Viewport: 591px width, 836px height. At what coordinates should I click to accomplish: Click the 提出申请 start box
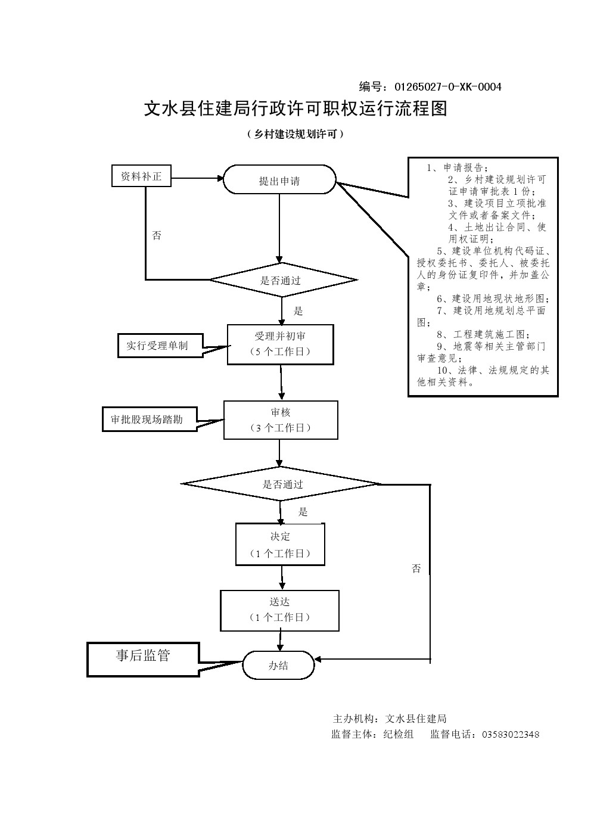(x=279, y=180)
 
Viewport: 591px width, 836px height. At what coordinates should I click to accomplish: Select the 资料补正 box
(x=141, y=176)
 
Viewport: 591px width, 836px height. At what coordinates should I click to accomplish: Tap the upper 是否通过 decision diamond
(x=282, y=280)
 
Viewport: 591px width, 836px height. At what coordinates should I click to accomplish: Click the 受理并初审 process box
(x=280, y=344)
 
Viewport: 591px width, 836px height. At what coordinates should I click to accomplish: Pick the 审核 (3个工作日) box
(x=281, y=419)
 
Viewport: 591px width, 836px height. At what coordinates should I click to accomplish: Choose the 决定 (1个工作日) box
(x=280, y=545)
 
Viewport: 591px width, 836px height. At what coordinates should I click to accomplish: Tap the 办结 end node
(x=278, y=665)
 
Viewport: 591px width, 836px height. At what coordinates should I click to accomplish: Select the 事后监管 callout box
(x=143, y=658)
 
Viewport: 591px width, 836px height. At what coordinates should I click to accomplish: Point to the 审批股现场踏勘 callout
(x=150, y=419)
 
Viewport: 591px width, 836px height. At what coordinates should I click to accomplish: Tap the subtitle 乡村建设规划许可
(x=295, y=135)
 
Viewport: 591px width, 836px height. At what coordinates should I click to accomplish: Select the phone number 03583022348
(x=510, y=734)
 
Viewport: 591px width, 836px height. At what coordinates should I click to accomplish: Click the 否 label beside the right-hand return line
(x=416, y=568)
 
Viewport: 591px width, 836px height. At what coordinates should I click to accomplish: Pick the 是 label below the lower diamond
(x=303, y=512)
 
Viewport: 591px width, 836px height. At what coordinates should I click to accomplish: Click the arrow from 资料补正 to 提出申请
(x=197, y=178)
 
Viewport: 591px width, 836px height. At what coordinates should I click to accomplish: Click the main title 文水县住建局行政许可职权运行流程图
(x=295, y=109)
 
